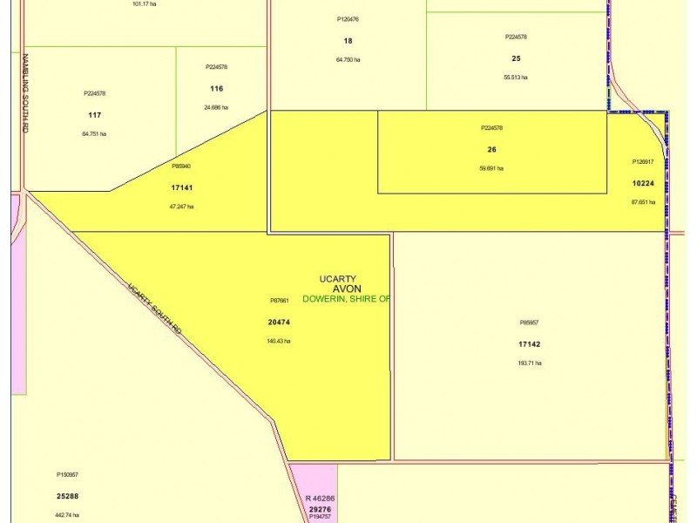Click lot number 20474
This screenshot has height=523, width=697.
(279, 322)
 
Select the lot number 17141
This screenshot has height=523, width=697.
(181, 187)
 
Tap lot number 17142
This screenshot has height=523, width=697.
(529, 343)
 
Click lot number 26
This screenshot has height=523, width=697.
(491, 149)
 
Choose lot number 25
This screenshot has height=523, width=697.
(516, 58)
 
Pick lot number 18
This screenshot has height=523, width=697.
(348, 41)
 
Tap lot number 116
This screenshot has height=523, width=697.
(216, 89)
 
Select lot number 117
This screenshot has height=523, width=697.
(95, 115)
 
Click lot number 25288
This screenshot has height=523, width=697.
(67, 496)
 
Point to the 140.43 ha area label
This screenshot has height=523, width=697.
(279, 341)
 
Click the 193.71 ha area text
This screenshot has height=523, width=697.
(529, 363)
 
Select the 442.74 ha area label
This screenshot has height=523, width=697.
(67, 515)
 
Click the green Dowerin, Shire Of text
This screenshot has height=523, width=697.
(346, 298)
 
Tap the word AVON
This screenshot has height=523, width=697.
(347, 289)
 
